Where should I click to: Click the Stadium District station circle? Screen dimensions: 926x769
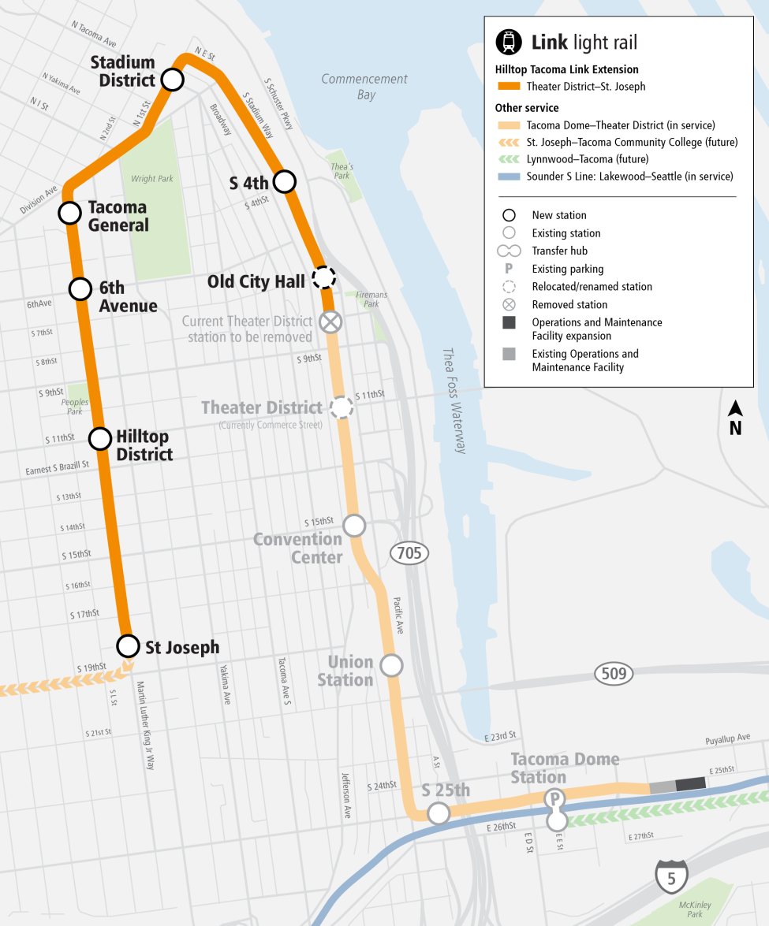tap(173, 79)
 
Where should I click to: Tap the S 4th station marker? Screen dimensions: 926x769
tap(284, 182)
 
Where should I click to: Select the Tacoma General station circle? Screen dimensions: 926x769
tap(69, 213)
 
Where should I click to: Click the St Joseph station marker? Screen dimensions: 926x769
tap(127, 646)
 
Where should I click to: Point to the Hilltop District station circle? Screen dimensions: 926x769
tap(100, 439)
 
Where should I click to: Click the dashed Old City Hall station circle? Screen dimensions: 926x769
tap(324, 277)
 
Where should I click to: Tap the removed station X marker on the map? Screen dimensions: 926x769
tap(330, 322)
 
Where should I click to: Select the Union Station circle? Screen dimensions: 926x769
tap(391, 665)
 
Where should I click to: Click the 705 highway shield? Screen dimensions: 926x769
tap(409, 553)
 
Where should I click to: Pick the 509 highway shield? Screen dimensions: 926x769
tap(614, 673)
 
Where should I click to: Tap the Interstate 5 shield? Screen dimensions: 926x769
tap(671, 876)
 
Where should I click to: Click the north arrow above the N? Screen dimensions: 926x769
tap(735, 409)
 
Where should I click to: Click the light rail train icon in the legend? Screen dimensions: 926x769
tap(509, 42)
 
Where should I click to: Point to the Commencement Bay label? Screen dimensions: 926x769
tap(364, 87)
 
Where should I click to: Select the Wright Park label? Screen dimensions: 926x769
tap(152, 179)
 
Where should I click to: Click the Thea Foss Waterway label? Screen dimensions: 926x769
tap(454, 401)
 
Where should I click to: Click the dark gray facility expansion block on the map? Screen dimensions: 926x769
tap(691, 783)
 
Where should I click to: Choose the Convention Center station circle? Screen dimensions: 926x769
tap(354, 525)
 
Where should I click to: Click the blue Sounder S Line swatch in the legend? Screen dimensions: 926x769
tap(509, 177)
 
